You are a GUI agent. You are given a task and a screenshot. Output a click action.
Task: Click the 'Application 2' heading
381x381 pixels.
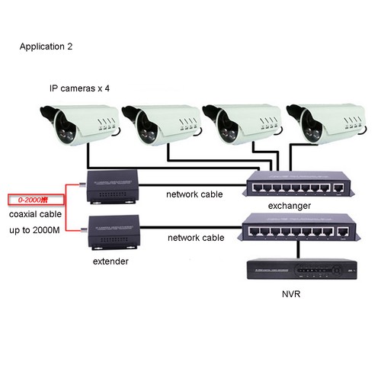pyautogui.click(x=47, y=46)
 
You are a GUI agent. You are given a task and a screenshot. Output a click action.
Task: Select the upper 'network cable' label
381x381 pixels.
pyautogui.click(x=195, y=194)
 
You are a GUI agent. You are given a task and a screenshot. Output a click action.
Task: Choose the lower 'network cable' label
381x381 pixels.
pyautogui.click(x=195, y=238)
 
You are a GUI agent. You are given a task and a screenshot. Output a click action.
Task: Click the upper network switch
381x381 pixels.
pyautogui.click(x=297, y=184)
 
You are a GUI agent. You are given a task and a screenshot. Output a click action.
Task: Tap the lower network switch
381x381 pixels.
pyautogui.click(x=298, y=227)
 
